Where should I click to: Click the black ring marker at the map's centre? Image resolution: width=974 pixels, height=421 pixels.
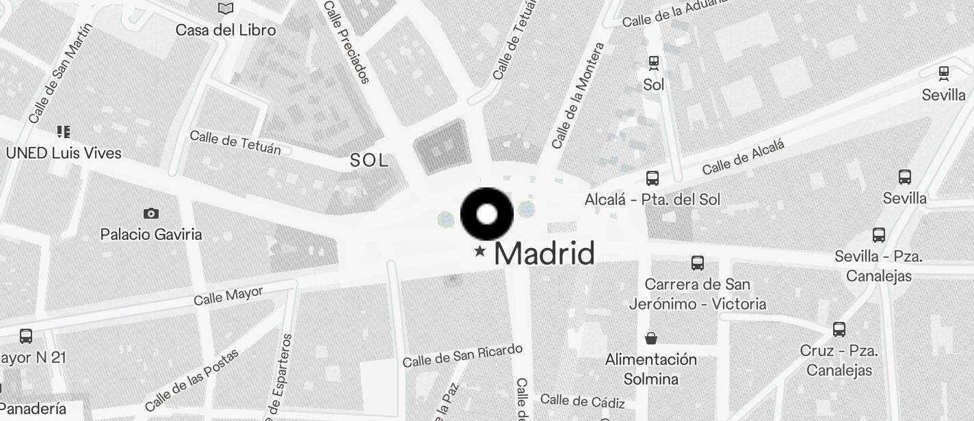[x=487, y=214]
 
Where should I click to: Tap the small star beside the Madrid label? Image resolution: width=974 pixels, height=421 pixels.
[x=480, y=252]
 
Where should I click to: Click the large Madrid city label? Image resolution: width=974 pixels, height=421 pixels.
[x=544, y=254]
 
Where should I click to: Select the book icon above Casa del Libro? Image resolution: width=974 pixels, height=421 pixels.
[x=226, y=9]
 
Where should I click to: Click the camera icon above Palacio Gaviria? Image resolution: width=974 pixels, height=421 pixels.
[x=151, y=214]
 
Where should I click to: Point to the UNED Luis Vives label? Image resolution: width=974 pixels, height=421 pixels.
[x=64, y=153]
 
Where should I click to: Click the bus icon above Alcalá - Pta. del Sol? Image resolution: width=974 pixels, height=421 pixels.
[x=653, y=178]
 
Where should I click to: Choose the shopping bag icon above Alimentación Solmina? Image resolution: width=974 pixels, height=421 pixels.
[x=651, y=338]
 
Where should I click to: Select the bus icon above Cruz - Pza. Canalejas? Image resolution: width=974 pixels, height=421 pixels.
[x=839, y=329]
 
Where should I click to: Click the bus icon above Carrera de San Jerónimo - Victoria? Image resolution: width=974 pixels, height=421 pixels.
[x=698, y=263]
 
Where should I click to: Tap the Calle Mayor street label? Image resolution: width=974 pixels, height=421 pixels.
[x=228, y=296]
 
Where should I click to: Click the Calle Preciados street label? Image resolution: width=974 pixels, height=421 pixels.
[x=347, y=42]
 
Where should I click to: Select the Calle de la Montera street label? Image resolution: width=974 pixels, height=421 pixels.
[x=578, y=96]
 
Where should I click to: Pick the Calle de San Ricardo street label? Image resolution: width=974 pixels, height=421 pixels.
[x=462, y=355]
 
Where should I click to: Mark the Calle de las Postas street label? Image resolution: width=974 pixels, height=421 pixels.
[x=192, y=380]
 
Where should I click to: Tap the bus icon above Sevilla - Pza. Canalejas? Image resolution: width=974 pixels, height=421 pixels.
[x=879, y=236]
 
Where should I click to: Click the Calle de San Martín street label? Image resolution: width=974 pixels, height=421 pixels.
[x=60, y=73]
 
